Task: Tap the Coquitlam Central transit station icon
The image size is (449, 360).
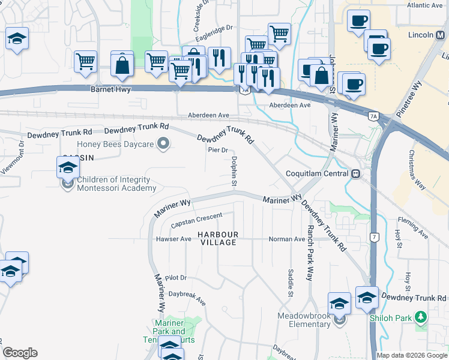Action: click(x=356, y=173)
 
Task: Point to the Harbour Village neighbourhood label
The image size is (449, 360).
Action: click(x=219, y=238)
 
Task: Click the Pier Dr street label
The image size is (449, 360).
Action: click(x=218, y=150)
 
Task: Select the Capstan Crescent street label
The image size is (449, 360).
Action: click(x=196, y=220)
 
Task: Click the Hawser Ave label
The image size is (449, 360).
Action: click(x=173, y=239)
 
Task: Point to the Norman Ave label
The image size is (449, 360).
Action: click(x=287, y=239)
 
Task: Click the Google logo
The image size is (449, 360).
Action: click(x=20, y=353)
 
